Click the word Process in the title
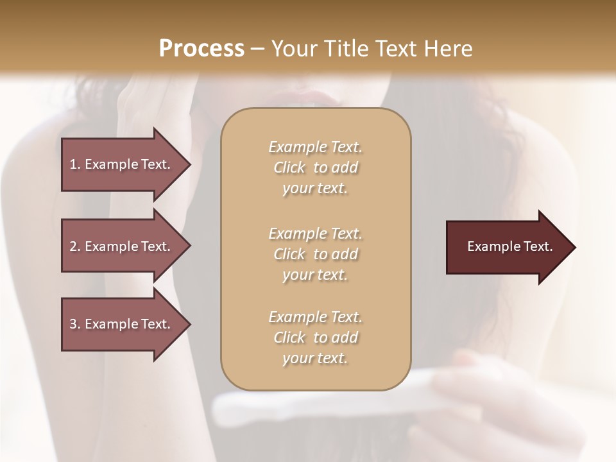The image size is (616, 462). [x=201, y=49]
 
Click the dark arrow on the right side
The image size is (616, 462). [x=507, y=247]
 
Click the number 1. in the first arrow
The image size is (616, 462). [x=74, y=164]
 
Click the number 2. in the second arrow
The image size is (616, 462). [x=74, y=246]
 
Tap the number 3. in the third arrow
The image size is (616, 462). [x=74, y=324]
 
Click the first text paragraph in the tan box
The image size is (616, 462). [x=315, y=167]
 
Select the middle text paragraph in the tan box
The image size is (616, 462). [x=315, y=254]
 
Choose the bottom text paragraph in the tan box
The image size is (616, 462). [x=315, y=338]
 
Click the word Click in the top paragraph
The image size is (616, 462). [x=289, y=167]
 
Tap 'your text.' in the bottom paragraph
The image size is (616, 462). [x=315, y=359]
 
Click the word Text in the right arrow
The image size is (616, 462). [x=538, y=246]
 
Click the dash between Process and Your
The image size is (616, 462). [x=257, y=49]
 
